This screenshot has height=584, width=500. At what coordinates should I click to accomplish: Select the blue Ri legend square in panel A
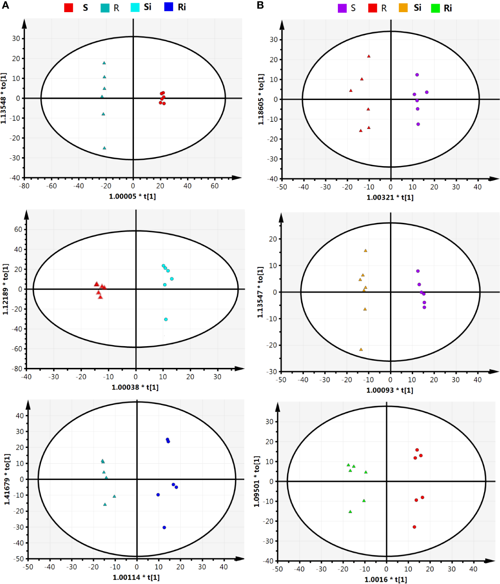169,7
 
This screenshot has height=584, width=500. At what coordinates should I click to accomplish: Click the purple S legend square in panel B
342,8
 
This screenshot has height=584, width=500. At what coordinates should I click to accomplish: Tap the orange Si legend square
403,8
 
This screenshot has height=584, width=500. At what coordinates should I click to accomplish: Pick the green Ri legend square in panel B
435,8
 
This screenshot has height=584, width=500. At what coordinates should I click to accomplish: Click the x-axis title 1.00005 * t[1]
132,196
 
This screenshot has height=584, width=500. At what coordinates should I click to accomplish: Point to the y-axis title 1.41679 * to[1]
7,479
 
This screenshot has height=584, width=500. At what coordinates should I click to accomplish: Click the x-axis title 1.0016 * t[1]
385,579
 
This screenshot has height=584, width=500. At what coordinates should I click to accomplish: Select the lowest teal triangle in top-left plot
104,148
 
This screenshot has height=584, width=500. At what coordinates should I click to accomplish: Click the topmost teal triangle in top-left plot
104,63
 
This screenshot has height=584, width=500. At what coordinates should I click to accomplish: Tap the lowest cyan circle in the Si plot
166,319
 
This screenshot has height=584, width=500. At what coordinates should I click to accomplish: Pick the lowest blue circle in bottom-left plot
164,528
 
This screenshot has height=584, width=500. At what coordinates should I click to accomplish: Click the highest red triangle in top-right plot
369,56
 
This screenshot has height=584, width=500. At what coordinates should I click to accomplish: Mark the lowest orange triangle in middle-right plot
361,349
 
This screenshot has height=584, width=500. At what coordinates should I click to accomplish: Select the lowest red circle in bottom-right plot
414,527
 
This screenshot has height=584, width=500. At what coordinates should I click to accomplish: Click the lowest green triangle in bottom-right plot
350,511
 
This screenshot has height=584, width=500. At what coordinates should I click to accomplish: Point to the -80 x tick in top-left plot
24,186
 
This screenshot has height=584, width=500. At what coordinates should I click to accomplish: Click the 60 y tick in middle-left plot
18,229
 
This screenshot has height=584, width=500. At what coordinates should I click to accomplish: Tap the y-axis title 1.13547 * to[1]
260,292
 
